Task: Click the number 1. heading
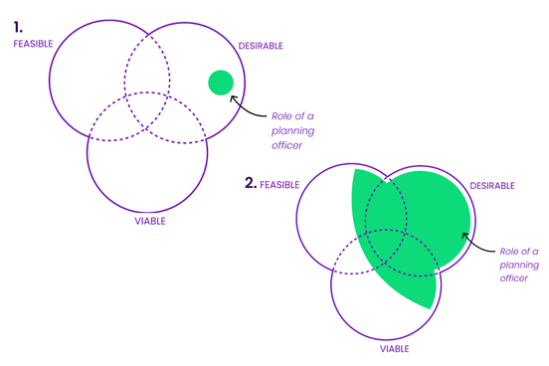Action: (18, 27)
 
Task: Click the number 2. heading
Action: (251, 183)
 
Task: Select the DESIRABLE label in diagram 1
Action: (261, 46)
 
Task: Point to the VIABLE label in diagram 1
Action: (150, 221)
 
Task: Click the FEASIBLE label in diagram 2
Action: (279, 185)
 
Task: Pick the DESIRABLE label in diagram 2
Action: (492, 186)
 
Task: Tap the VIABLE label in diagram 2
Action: (394, 349)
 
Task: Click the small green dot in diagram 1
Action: (221, 83)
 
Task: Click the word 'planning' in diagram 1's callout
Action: (286, 130)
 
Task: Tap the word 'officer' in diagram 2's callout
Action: (514, 278)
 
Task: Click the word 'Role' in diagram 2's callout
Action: (510, 251)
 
